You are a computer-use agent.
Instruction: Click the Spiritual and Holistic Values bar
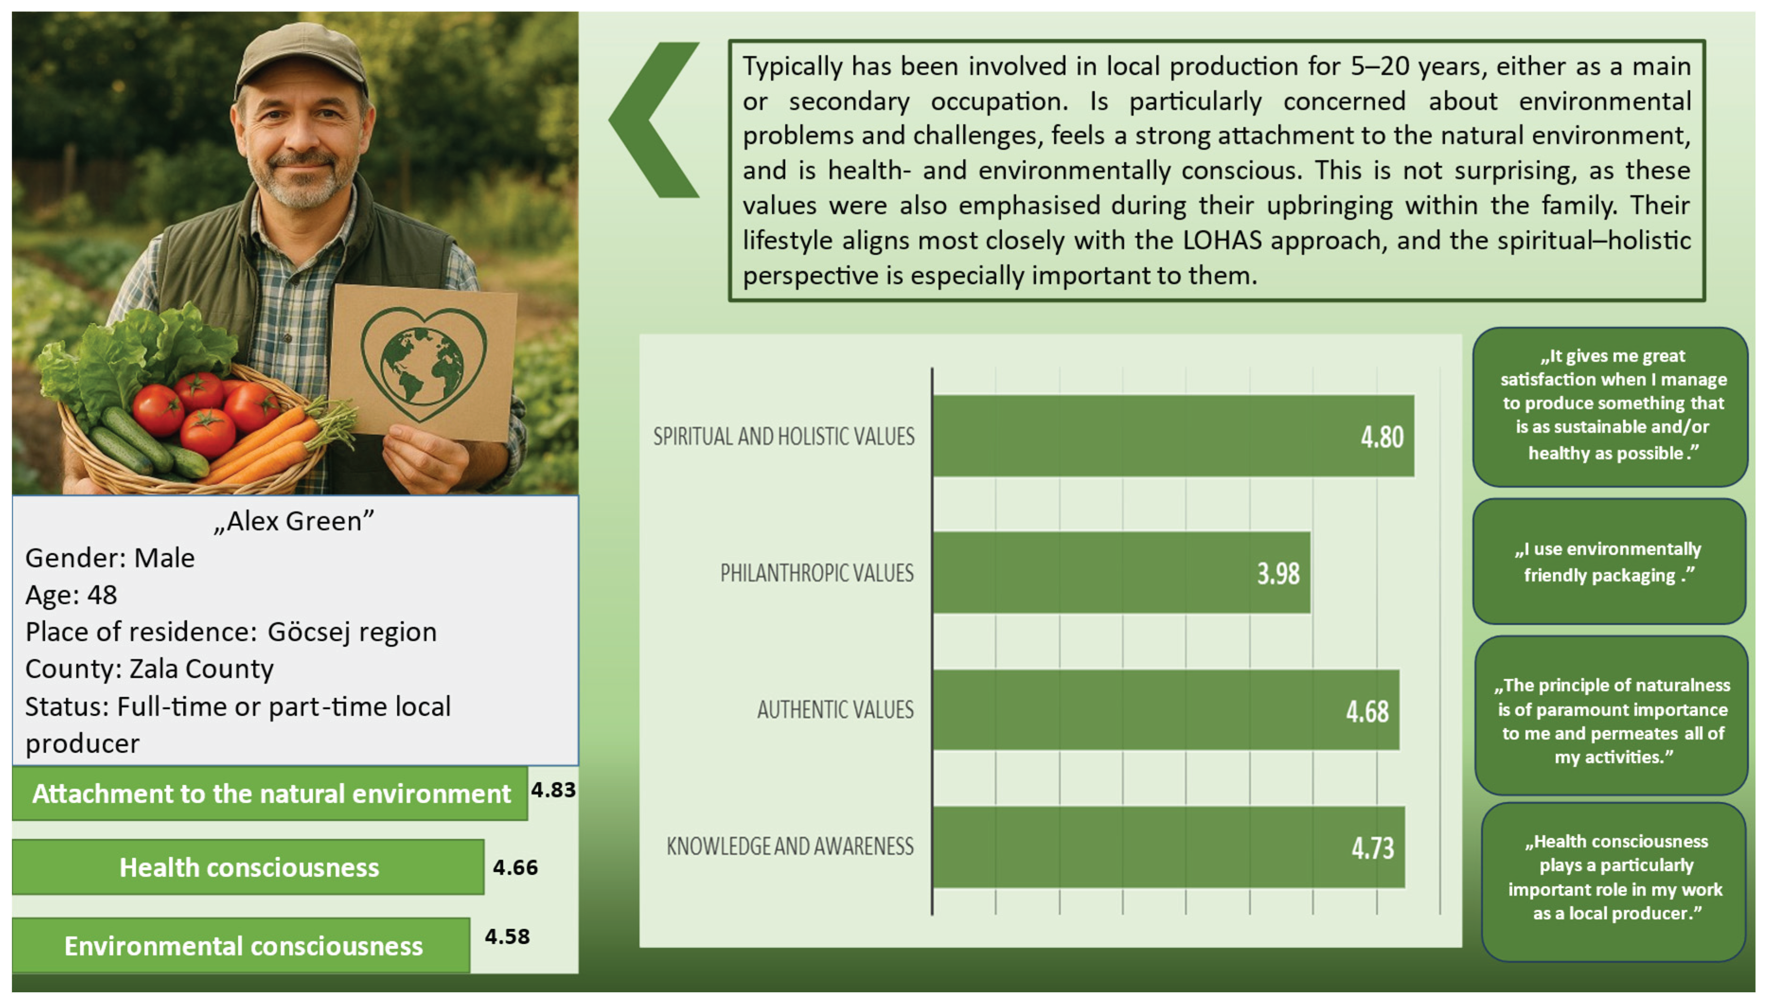point(1173,436)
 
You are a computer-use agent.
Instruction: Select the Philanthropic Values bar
point(1121,572)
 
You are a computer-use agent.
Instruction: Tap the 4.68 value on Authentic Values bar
point(1367,711)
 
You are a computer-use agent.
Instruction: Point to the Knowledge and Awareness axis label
point(790,847)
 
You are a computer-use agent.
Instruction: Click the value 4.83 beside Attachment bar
point(553,789)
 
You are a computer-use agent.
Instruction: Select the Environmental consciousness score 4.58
point(507,936)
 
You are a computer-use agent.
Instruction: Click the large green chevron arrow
point(653,120)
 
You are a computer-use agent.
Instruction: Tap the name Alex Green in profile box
point(294,521)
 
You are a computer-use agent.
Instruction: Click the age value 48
point(102,595)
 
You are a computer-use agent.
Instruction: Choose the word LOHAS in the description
point(1222,240)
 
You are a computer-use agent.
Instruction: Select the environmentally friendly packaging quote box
point(1609,561)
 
